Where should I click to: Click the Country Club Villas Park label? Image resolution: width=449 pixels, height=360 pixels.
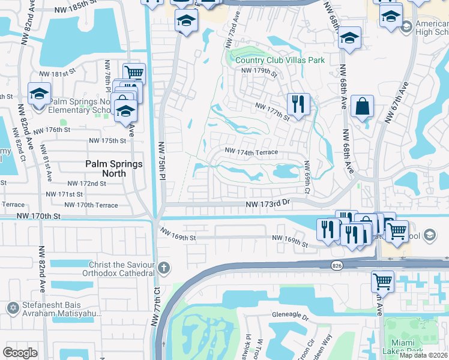(280, 60)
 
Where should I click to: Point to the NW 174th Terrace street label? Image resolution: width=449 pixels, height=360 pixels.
(251, 152)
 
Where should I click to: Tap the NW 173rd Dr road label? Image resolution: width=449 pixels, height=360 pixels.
(268, 205)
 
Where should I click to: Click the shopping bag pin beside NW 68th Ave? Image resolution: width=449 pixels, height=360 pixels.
(362, 107)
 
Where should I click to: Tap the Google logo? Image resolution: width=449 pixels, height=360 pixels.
(20, 353)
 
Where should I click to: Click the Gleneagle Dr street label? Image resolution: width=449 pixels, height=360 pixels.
(289, 316)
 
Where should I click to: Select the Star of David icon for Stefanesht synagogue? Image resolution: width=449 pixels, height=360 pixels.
(13, 308)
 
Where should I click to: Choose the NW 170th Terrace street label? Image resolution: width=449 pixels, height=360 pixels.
(91, 205)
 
